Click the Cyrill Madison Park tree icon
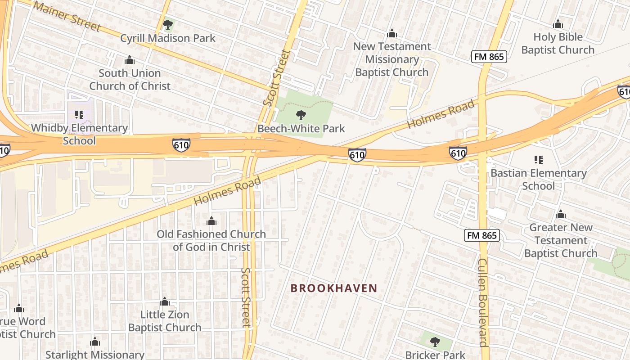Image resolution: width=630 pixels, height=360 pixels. (x=168, y=25)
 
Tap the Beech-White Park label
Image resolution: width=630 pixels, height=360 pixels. (x=301, y=129)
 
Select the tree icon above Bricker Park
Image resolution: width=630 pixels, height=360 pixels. (x=435, y=342)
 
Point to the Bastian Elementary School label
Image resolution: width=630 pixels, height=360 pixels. (x=538, y=179)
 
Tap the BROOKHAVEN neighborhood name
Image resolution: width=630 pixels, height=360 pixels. (x=334, y=288)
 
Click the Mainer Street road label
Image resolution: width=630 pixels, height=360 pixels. (x=67, y=16)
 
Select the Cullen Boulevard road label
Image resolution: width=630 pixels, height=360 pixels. (x=482, y=302)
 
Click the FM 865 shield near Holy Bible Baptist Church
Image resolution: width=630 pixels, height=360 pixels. (x=489, y=57)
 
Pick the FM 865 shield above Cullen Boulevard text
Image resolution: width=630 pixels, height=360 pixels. (x=482, y=235)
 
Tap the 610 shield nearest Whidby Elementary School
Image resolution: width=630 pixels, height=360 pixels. (x=181, y=145)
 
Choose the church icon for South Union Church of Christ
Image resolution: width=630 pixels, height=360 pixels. (x=130, y=60)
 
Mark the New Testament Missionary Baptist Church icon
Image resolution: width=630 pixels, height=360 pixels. (x=392, y=34)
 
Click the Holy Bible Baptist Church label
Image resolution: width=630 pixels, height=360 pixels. (x=558, y=43)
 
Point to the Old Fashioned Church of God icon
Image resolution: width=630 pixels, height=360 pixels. (x=211, y=221)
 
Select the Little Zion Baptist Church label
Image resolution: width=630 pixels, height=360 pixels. (x=165, y=321)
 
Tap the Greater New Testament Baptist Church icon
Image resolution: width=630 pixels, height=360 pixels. (x=561, y=214)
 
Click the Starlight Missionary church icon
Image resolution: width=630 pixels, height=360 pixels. (x=94, y=342)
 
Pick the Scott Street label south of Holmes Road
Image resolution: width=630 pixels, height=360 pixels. (x=246, y=297)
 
